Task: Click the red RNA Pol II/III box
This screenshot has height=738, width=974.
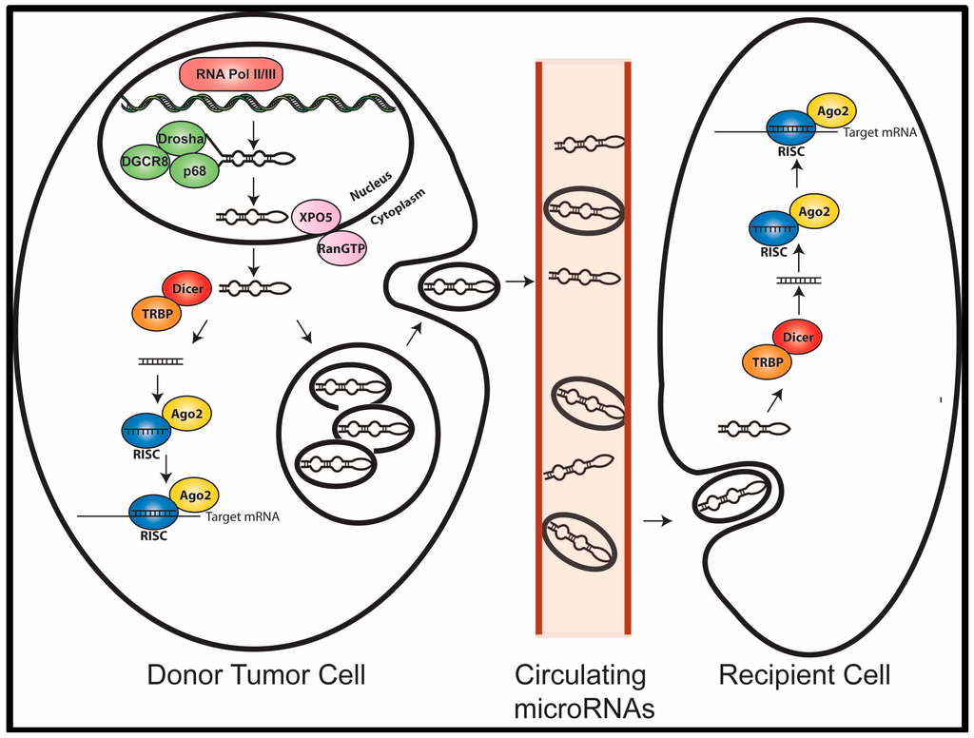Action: pyautogui.click(x=227, y=74)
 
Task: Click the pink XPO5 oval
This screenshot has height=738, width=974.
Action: pyautogui.click(x=317, y=216)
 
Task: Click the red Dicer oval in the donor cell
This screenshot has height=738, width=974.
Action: pyautogui.click(x=187, y=288)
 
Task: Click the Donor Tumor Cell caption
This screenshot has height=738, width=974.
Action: pyautogui.click(x=256, y=676)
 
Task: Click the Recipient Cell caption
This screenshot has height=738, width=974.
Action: pyautogui.click(x=805, y=676)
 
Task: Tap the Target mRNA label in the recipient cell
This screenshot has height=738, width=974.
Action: pyautogui.click(x=879, y=132)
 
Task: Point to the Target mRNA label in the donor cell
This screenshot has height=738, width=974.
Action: pyautogui.click(x=242, y=518)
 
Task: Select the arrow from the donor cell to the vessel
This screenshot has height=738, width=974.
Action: pyautogui.click(x=518, y=282)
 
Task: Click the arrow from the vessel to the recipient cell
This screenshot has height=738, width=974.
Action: pyautogui.click(x=655, y=520)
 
